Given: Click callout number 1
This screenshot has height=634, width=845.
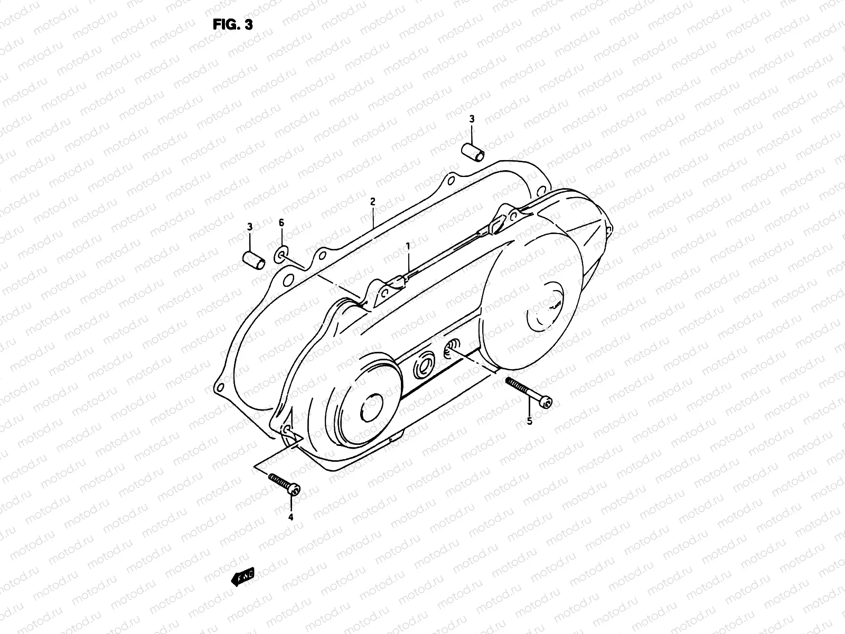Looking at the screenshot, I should pyautogui.click(x=408, y=246).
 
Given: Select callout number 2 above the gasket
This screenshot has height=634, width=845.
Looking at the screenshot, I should pyautogui.click(x=372, y=201).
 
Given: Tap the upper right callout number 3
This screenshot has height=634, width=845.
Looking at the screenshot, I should pyautogui.click(x=472, y=119).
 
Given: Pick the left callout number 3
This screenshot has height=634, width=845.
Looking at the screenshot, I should pyautogui.click(x=250, y=227).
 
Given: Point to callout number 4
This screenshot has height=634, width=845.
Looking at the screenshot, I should pyautogui.click(x=290, y=517).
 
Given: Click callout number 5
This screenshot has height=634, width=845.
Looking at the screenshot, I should pyautogui.click(x=530, y=421).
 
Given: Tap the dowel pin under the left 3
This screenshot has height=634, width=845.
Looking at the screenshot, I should pyautogui.click(x=252, y=260).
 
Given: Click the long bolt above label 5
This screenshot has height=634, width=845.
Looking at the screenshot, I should pyautogui.click(x=529, y=391).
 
